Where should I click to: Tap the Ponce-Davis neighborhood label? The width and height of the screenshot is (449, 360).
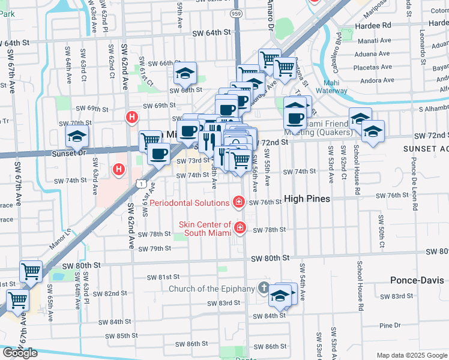coord(417,280)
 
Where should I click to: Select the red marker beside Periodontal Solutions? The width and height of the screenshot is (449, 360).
coord(239,202)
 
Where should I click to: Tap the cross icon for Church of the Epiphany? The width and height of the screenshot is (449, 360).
coord(264,289)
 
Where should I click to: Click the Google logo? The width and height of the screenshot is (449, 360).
coord(19,353)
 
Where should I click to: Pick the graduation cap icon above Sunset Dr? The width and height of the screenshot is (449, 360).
coord(77,137)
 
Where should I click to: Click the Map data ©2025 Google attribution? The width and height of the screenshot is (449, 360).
coord(412,355)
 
